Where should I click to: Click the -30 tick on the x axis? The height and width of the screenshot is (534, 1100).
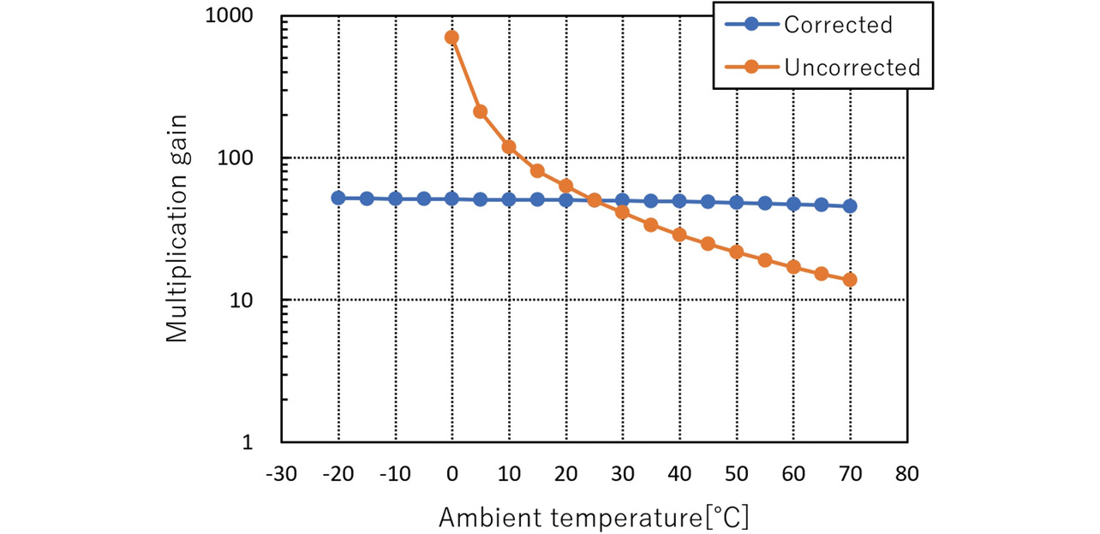tap(282, 473)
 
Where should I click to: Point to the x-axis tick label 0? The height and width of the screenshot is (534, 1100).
tap(452, 473)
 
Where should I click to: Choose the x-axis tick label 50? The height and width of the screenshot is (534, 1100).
tap(736, 473)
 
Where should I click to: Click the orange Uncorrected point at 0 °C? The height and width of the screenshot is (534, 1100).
tap(452, 38)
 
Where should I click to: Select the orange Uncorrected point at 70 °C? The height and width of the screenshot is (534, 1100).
tap(850, 280)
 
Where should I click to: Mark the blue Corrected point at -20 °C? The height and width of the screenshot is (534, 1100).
tap(338, 198)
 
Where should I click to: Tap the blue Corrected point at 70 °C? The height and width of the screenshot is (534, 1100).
tap(850, 206)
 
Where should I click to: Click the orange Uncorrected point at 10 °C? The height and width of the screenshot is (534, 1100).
tap(509, 147)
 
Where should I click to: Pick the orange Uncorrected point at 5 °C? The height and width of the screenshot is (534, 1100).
tap(481, 112)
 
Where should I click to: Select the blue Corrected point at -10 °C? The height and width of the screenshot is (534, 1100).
tap(395, 199)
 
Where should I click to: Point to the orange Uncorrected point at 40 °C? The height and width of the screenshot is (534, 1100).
tap(679, 234)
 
